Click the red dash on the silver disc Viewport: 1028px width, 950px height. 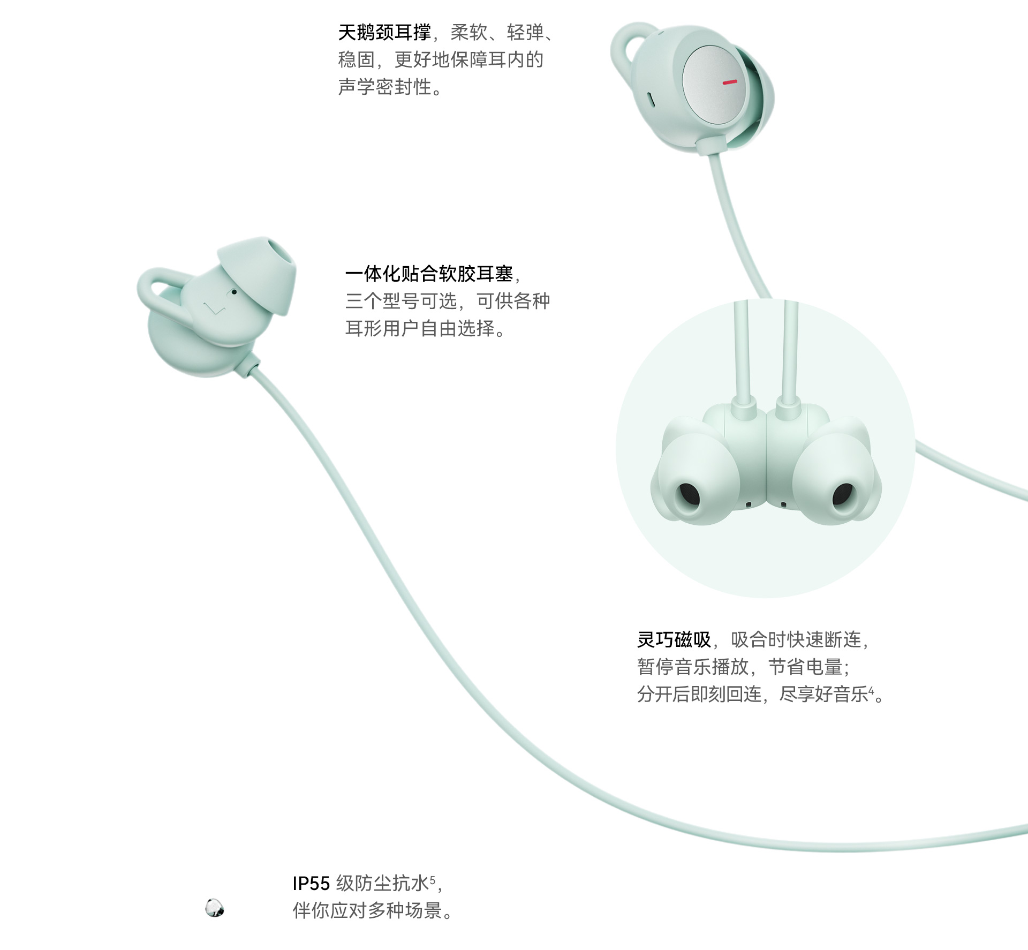click(730, 82)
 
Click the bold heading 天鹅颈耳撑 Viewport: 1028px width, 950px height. click(384, 33)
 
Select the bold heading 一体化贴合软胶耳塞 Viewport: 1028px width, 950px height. click(429, 274)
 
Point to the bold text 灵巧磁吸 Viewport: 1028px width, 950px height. click(674, 639)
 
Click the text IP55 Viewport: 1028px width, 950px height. click(311, 883)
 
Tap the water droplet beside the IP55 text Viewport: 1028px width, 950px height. click(215, 908)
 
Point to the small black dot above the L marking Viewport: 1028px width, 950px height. click(234, 292)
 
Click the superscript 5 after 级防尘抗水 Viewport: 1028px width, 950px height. click(433, 879)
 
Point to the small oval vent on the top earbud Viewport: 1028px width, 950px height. click(651, 99)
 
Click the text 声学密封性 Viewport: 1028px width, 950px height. click(385, 87)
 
